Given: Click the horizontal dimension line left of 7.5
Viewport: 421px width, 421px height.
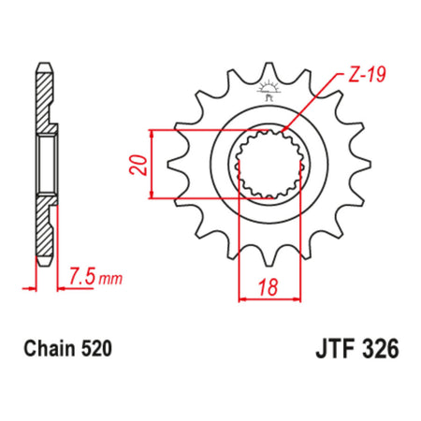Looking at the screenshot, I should pos(28,286).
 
